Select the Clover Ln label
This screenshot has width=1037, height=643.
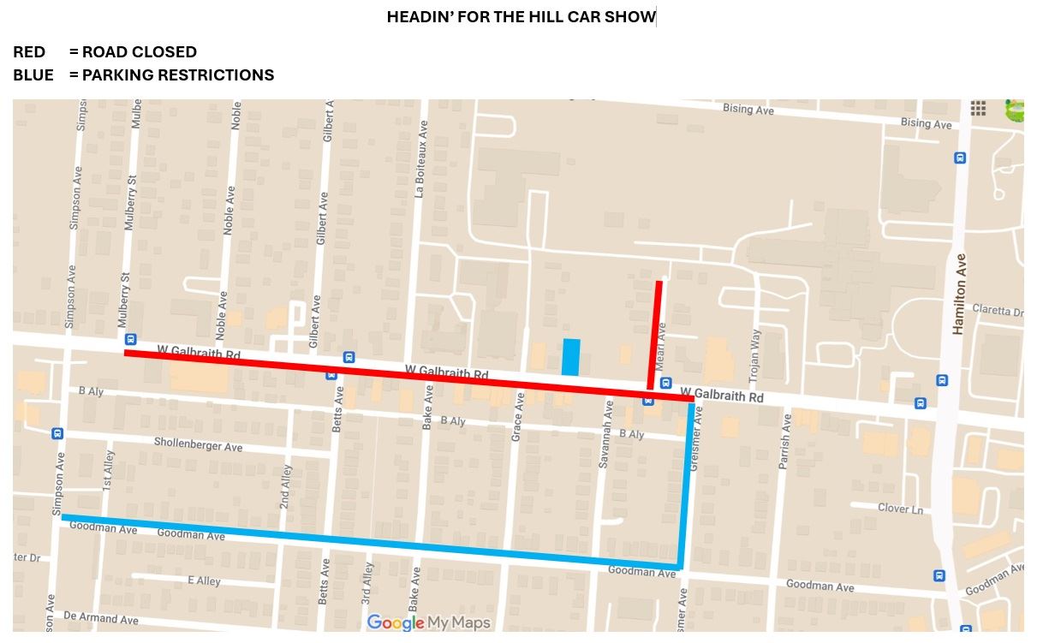tap(900, 508)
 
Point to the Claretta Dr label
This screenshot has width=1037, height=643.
tap(997, 312)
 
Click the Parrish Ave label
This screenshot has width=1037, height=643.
tap(783, 441)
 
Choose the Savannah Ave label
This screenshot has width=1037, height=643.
tap(605, 444)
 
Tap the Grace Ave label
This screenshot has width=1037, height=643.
tap(516, 417)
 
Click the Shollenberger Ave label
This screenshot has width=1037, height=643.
tap(198, 445)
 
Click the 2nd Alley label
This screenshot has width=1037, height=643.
tap(286, 486)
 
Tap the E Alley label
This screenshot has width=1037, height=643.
tap(204, 580)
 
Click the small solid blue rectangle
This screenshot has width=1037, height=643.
tap(570, 357)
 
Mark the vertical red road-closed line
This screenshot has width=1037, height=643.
tap(655, 334)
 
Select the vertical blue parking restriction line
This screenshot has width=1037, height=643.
tap(686, 484)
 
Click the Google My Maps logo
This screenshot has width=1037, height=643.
tap(428, 622)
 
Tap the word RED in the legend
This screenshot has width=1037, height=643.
tap(29, 53)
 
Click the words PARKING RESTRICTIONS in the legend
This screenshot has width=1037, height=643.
tap(178, 75)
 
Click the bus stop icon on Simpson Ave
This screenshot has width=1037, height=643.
tap(57, 433)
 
